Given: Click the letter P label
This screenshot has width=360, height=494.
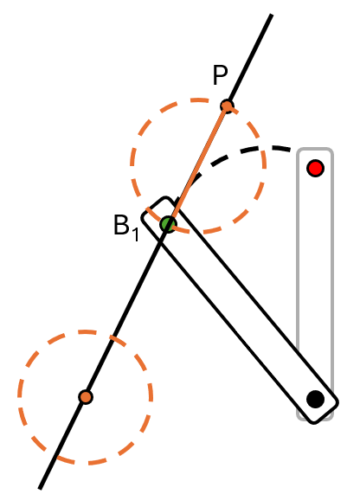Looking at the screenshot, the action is click(220, 75).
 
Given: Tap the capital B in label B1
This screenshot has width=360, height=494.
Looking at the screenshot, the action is click(121, 225).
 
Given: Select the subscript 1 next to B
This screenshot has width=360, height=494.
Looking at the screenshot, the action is click(135, 234).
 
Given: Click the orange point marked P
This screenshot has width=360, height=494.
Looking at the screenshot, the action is click(227, 106).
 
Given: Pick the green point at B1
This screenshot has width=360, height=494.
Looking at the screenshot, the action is click(168, 224).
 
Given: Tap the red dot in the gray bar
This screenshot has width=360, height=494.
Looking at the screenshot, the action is click(315, 168).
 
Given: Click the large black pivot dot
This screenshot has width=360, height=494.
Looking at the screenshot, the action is click(315, 399).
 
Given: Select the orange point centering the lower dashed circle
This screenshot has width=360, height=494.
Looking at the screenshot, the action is click(86, 397).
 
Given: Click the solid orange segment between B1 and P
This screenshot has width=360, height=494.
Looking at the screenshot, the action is click(197, 165).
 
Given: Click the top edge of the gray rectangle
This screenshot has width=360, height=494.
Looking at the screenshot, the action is click(315, 149).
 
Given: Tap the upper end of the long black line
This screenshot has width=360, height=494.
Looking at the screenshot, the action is click(271, 15).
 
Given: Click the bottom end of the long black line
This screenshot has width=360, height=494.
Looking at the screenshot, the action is click(40, 488).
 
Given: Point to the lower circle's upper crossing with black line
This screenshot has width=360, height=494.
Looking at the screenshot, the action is click(114, 338).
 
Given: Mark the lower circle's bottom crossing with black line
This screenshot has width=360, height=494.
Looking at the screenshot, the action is click(57, 456).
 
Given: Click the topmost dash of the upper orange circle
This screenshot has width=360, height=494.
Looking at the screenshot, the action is click(199, 100).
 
